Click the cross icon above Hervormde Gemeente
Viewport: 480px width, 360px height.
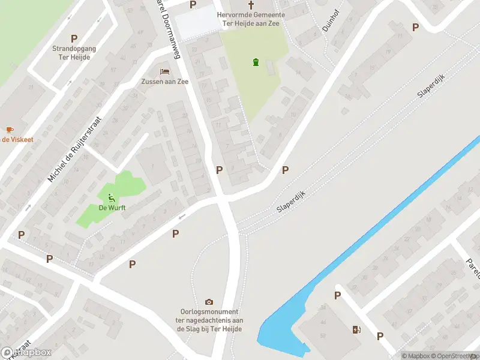(x=251, y=5)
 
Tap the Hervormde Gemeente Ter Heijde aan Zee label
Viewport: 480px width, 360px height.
(x=251, y=19)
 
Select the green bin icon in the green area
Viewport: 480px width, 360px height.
(x=256, y=62)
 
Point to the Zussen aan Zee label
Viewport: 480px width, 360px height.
(x=165, y=82)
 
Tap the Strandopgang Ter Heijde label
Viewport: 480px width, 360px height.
(x=74, y=52)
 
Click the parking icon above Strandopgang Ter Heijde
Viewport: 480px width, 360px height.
(x=74, y=38)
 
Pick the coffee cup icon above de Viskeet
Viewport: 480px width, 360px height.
(x=10, y=130)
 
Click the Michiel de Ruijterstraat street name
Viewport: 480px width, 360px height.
(x=76, y=149)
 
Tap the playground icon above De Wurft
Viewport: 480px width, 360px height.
(x=111, y=197)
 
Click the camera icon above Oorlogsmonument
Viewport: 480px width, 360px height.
(x=209, y=302)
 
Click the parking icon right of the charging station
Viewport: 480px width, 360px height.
(x=380, y=337)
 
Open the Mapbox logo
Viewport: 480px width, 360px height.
(x=26, y=353)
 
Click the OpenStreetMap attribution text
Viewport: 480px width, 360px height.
(x=455, y=356)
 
